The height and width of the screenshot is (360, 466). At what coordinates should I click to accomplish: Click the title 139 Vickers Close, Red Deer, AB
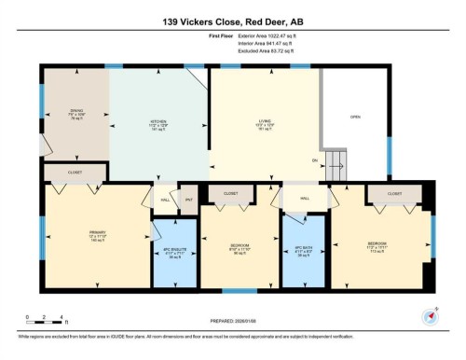[x=233, y=21]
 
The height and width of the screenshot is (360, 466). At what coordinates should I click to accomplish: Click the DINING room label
[x=75, y=116]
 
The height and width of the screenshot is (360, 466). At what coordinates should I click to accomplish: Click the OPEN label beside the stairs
[x=354, y=117]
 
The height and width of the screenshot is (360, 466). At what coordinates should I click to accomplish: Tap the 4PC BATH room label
[x=303, y=251]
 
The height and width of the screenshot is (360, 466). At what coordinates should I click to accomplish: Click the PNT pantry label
[x=188, y=199]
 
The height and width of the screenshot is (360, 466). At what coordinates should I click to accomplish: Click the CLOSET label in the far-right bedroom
[x=394, y=194]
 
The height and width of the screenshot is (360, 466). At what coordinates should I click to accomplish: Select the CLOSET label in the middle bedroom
[x=229, y=194]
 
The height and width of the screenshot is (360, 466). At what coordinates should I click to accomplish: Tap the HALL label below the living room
[x=305, y=198]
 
